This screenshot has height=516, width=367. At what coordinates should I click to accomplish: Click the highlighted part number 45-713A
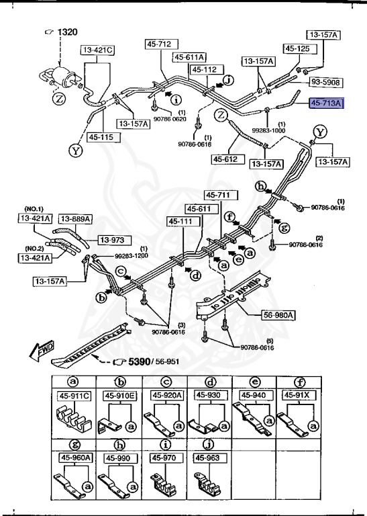(x=325, y=103)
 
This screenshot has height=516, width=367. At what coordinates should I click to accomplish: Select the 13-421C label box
(x=98, y=50)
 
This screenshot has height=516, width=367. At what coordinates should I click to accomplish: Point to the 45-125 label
(x=297, y=48)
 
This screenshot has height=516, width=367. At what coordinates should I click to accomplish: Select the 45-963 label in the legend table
(x=208, y=458)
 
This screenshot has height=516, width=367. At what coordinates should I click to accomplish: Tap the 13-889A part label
(x=74, y=218)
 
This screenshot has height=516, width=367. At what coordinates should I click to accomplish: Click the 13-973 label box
(x=114, y=239)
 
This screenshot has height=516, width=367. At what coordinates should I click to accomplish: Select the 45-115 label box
(x=100, y=137)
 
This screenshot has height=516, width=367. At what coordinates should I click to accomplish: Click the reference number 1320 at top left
(x=66, y=32)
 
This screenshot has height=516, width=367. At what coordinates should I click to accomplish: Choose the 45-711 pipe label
(x=217, y=195)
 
